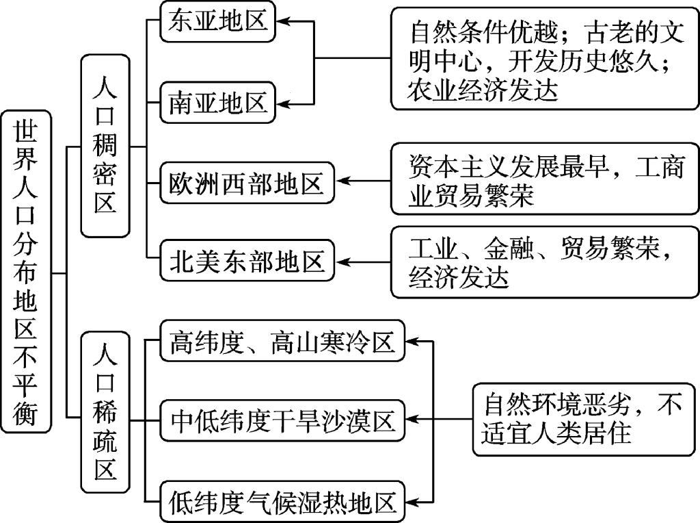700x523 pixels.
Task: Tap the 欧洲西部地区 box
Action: tap(247, 183)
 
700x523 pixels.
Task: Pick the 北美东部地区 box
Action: tap(247, 261)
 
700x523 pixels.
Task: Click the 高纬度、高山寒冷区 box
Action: tap(282, 340)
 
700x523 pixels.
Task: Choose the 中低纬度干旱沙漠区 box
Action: tap(282, 420)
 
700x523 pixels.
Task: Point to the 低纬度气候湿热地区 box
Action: tap(282, 502)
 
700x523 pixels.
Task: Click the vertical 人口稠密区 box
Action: tap(105, 146)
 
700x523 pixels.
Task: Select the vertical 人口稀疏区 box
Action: tap(105, 412)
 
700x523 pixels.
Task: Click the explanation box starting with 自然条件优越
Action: tap(543, 59)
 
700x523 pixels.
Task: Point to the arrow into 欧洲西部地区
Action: tap(362, 182)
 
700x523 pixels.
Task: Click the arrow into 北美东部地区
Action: tap(362, 261)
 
